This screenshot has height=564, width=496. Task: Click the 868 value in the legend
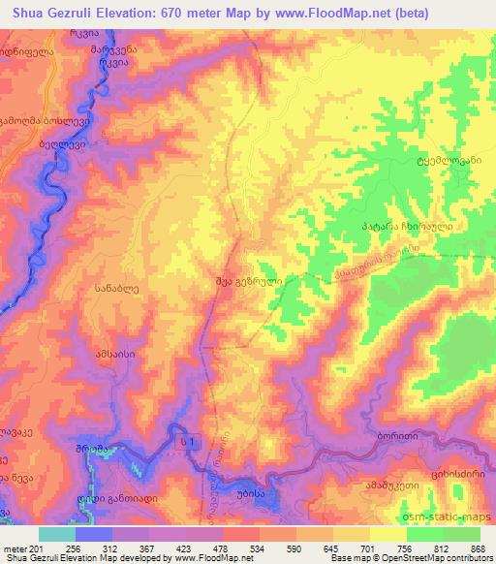coord(475,548)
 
